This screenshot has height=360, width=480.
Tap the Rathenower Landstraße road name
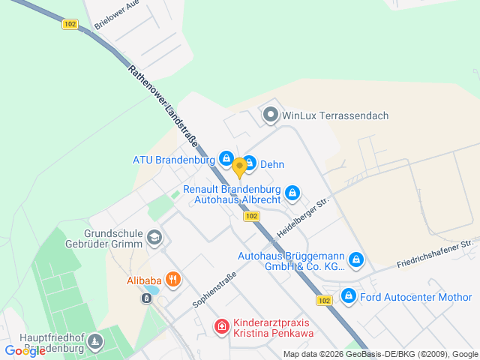159,104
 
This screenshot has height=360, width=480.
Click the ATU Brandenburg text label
175,160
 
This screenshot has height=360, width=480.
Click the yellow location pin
239,166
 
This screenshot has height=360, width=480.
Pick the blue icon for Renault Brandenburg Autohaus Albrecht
293,193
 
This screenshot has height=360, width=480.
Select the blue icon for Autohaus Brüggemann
356,260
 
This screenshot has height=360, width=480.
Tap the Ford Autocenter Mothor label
415,296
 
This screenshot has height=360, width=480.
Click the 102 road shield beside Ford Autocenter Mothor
324,300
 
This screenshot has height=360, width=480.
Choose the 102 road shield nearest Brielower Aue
70,24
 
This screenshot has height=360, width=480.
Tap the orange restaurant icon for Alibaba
173,280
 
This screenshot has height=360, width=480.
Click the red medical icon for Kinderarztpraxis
221,326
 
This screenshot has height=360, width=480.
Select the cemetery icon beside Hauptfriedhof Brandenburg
95,342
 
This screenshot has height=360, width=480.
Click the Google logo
25,350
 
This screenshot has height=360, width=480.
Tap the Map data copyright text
381,354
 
